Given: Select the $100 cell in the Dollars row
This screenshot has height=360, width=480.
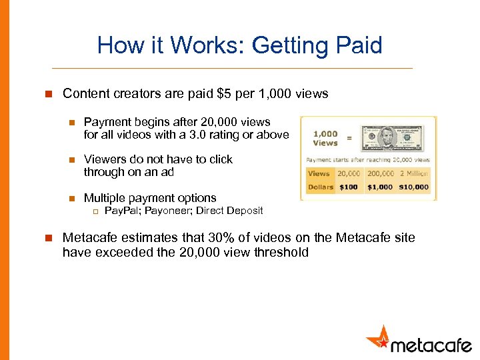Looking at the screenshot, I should (348, 187).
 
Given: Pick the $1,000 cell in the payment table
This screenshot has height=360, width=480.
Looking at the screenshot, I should (380, 187).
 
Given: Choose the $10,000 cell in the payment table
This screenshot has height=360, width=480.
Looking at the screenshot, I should (414, 187).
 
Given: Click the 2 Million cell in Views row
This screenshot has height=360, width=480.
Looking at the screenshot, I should (414, 173).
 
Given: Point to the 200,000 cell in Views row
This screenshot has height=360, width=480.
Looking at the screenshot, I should (380, 173).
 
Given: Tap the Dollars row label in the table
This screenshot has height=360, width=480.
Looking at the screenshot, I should (320, 187).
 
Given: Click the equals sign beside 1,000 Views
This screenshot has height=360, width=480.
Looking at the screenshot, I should (350, 139).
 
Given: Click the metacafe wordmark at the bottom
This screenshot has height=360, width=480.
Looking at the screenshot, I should (431, 345).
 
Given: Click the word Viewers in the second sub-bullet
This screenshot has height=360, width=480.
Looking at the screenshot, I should (103, 159).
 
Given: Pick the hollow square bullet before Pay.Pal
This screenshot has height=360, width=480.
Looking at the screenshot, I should (95, 211).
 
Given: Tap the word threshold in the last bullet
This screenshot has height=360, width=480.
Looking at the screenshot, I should (283, 253).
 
